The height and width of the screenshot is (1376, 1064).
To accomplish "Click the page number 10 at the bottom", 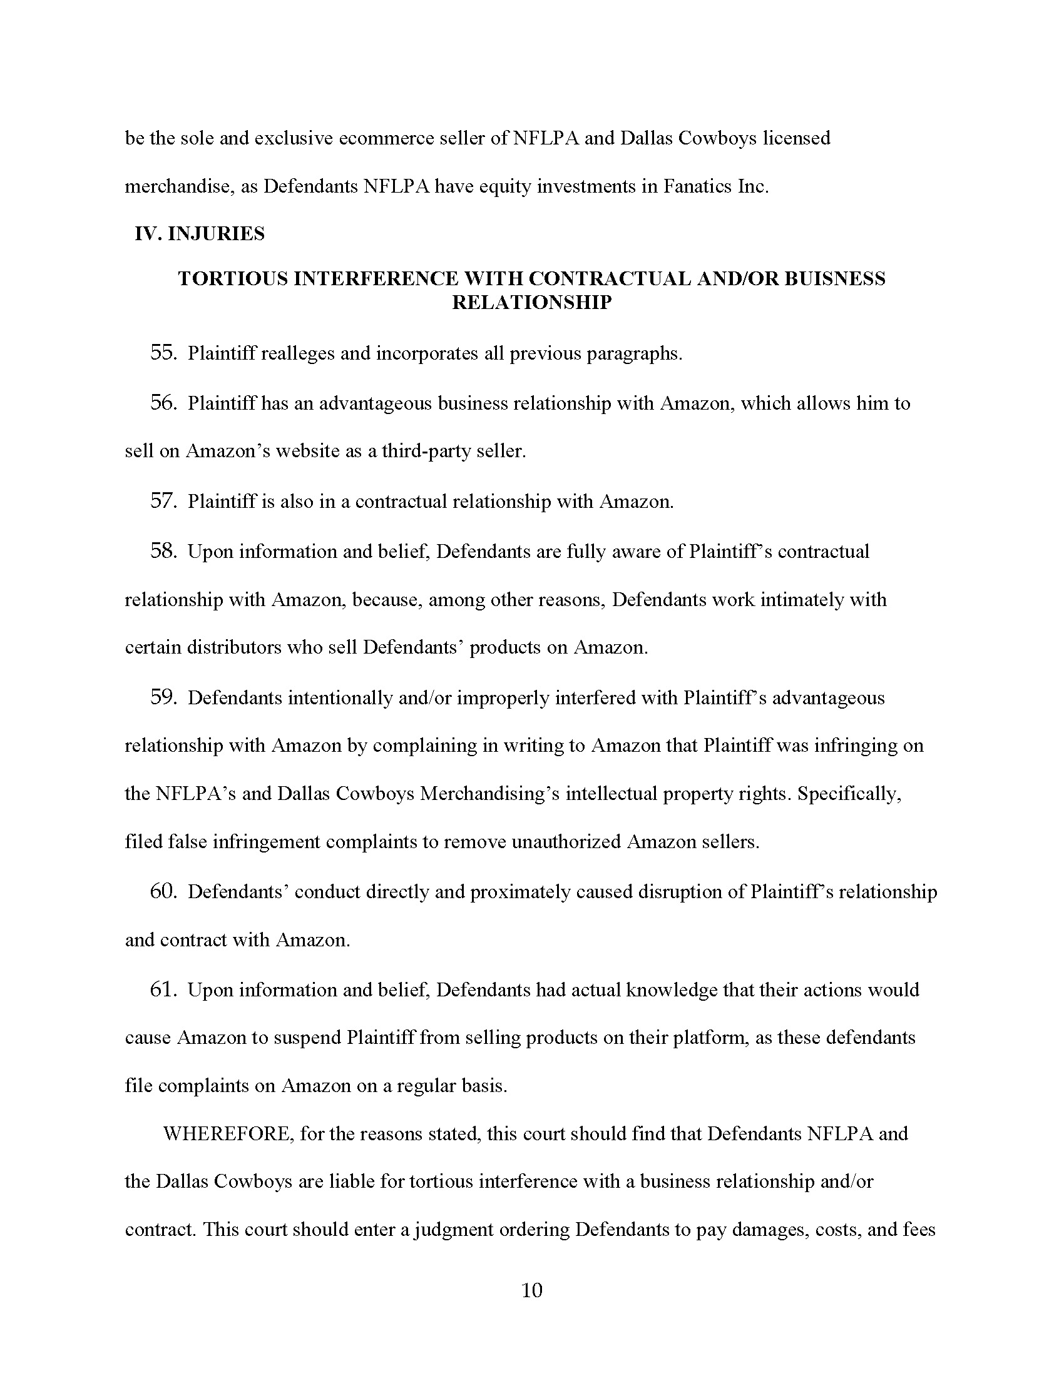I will point(532,1291).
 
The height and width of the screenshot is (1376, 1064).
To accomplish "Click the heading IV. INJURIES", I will point(199,234).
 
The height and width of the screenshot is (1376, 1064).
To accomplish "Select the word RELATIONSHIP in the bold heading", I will point(532,303).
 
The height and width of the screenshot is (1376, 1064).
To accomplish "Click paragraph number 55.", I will point(162,353).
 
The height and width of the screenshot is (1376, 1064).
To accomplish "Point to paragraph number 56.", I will point(162,403).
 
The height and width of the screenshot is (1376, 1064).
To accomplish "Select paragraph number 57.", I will point(162,501).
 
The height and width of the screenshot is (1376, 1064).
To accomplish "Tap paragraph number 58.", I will point(162,551).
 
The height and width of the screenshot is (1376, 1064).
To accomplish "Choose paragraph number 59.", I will point(162,697).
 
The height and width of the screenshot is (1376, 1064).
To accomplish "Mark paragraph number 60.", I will point(162,891).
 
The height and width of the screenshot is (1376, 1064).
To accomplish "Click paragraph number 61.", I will point(162,990).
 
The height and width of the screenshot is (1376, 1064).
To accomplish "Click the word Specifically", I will point(849,793).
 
